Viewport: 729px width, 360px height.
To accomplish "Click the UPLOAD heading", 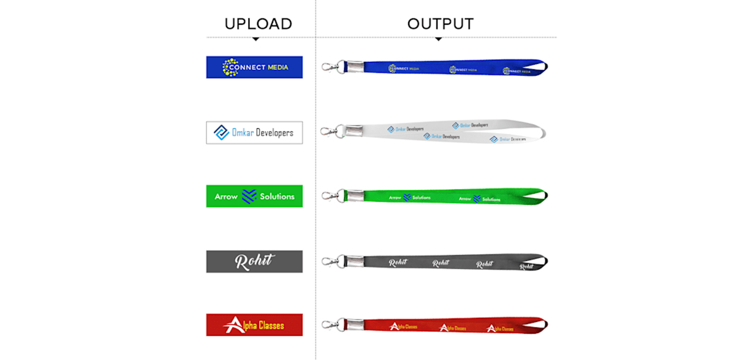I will pyautogui.click(x=258, y=24).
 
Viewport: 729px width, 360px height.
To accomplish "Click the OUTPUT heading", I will pyautogui.click(x=440, y=24).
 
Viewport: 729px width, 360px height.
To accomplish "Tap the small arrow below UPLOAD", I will pyautogui.click(x=256, y=39).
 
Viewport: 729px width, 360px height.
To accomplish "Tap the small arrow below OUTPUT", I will pyautogui.click(x=439, y=39).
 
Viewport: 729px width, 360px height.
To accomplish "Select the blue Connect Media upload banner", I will pyautogui.click(x=254, y=67).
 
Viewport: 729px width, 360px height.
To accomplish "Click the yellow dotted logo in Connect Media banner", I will pyautogui.click(x=230, y=67).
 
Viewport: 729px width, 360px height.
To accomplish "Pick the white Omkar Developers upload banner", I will pyautogui.click(x=254, y=132).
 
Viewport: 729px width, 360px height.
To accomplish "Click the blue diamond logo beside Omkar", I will pyautogui.click(x=221, y=132).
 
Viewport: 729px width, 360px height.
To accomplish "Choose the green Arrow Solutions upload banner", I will pyautogui.click(x=254, y=196).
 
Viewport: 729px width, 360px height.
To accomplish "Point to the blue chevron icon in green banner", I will pyautogui.click(x=249, y=196).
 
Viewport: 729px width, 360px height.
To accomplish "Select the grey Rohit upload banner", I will pyautogui.click(x=254, y=261).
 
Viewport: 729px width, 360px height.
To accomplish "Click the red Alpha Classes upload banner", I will pyautogui.click(x=254, y=325).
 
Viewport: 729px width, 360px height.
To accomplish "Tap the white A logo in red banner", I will pyautogui.click(x=234, y=325).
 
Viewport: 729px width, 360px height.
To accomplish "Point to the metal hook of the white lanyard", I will pyautogui.click(x=329, y=131).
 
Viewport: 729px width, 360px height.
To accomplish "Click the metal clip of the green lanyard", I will pyautogui.click(x=331, y=196).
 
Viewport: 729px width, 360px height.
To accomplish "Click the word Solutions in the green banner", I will pyautogui.click(x=277, y=197).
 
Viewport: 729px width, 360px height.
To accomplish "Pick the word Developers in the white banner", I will pyautogui.click(x=274, y=133).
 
